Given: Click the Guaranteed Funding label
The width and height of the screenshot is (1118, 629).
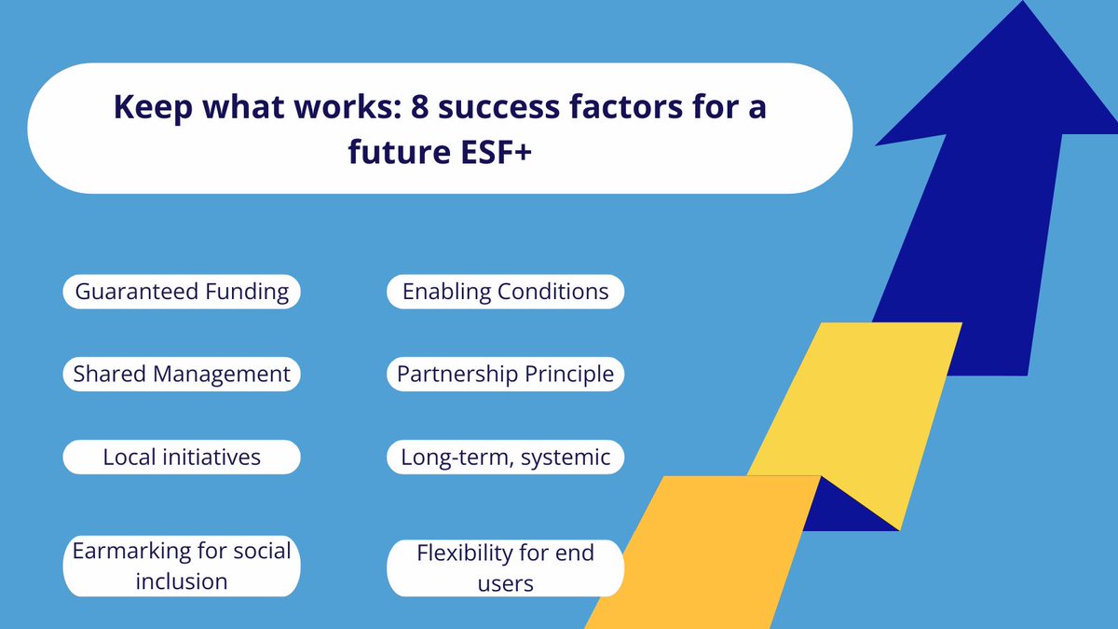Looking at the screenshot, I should click(x=182, y=292).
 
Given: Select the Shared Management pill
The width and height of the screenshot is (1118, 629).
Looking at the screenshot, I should click(x=182, y=375).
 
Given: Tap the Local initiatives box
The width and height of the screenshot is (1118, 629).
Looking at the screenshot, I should click(x=182, y=458).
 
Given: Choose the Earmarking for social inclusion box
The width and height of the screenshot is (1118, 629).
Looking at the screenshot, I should click(x=182, y=566).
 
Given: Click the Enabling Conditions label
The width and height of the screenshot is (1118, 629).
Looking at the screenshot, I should click(x=505, y=292).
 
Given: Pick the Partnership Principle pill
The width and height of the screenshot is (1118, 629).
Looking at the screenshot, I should click(x=505, y=375).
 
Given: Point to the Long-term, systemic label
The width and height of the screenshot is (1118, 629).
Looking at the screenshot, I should click(x=505, y=458).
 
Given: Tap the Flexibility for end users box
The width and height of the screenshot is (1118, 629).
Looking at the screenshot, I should click(x=505, y=567).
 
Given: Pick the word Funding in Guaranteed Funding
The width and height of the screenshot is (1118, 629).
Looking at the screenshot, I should click(x=247, y=292).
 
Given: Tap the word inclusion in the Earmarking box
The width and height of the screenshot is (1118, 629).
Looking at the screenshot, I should click(x=182, y=581).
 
